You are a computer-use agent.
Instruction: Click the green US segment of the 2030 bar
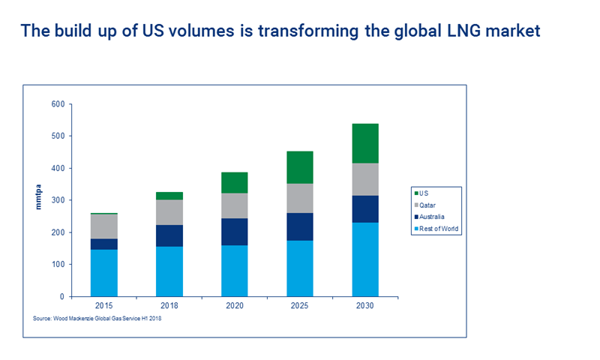click(365, 143)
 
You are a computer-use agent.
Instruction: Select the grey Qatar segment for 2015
click(104, 226)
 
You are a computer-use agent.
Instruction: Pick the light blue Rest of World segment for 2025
click(300, 268)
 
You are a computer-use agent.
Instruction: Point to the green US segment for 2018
click(169, 196)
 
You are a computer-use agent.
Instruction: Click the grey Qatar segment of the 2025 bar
click(300, 198)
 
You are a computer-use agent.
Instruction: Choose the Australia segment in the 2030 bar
click(365, 209)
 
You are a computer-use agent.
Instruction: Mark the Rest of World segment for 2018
click(169, 271)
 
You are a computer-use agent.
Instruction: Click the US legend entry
click(425, 193)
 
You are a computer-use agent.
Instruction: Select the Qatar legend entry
click(429, 205)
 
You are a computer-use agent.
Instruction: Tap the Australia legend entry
click(433, 217)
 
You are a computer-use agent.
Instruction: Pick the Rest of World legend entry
click(438, 229)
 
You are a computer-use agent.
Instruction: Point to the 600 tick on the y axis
click(58, 104)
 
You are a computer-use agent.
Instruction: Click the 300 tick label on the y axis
click(58, 200)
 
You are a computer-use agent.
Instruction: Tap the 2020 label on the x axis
click(235, 306)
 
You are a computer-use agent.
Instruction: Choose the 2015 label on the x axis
click(104, 306)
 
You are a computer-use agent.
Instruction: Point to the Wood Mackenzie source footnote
click(97, 319)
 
